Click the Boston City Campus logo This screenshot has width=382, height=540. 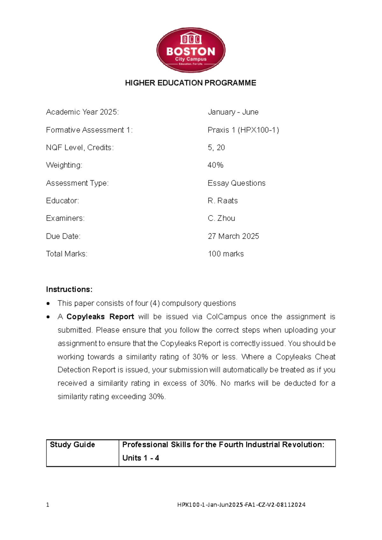[191, 50]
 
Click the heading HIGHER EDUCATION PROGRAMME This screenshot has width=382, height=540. [190, 83]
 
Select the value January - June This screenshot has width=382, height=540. [233, 112]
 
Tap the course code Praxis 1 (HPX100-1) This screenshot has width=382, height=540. [243, 130]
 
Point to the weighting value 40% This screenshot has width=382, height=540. [216, 165]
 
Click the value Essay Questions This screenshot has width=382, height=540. [237, 183]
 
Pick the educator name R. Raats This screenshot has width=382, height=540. [223, 201]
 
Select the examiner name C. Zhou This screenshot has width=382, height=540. [221, 218]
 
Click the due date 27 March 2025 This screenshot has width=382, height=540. [233, 236]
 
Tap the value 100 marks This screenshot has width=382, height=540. [226, 254]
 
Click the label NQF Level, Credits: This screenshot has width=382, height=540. [80, 148]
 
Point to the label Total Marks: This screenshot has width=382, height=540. [67, 254]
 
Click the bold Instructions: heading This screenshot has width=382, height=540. [69, 289]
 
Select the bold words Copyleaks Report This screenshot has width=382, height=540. [100, 317]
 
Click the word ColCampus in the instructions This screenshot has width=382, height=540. [226, 317]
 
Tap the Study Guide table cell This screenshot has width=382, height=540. [82, 453]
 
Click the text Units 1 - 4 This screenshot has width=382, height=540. [141, 458]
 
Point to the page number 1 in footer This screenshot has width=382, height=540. [48, 505]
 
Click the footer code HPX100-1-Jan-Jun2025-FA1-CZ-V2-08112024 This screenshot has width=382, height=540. [241, 505]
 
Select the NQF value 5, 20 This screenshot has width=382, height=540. [216, 148]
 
